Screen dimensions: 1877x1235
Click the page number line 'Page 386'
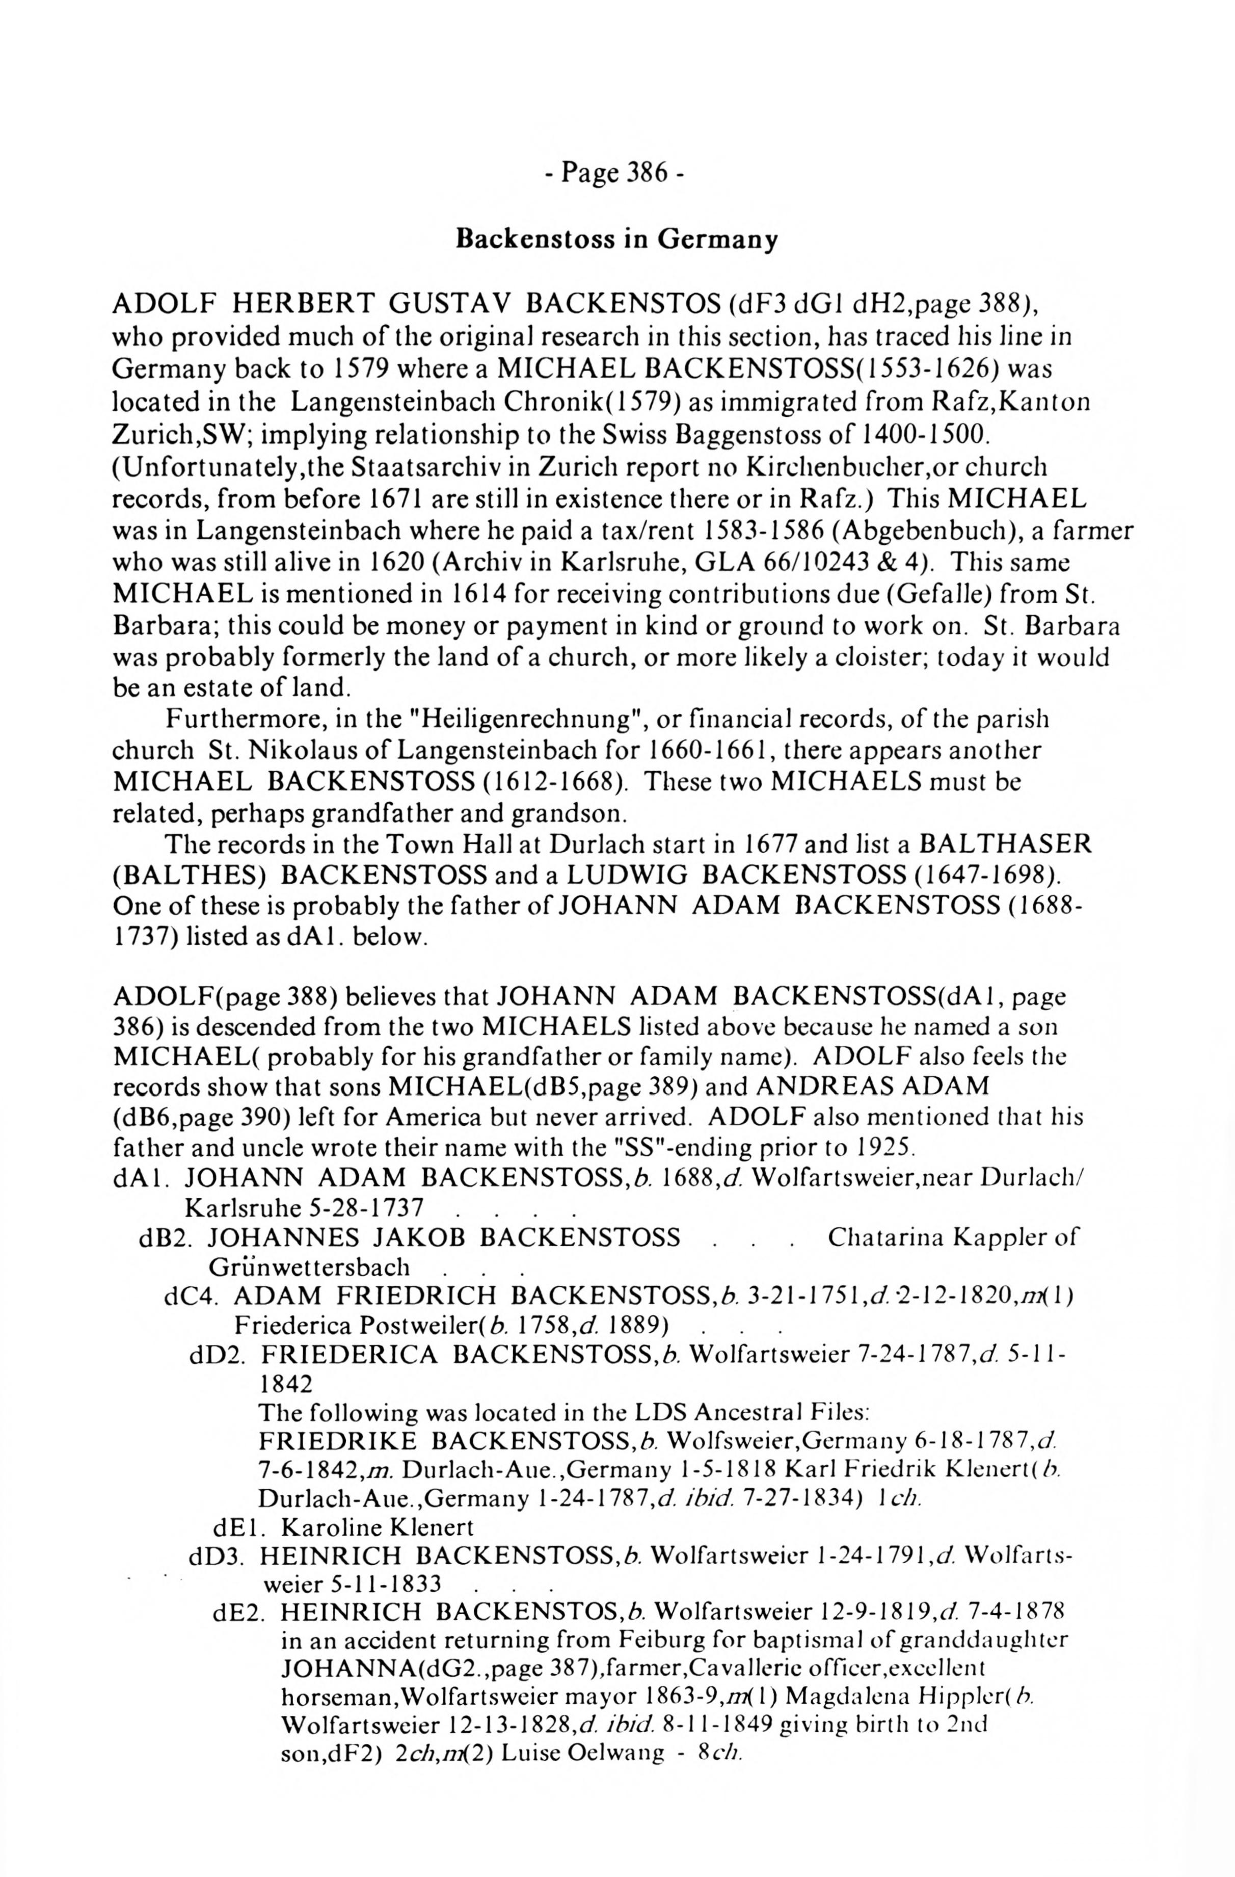[x=616, y=172]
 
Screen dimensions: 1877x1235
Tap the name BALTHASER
[x=1006, y=844]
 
